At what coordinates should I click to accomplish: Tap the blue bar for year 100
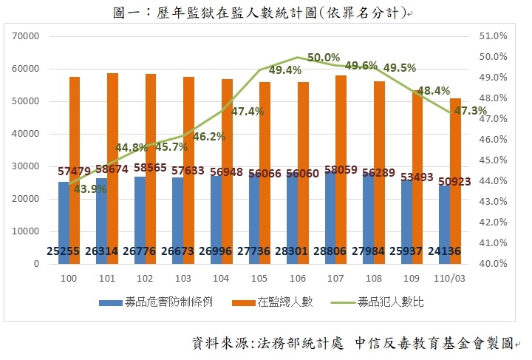[64, 222]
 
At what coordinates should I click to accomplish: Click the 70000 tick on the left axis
[24, 36]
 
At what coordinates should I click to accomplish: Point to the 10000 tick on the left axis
[24, 231]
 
